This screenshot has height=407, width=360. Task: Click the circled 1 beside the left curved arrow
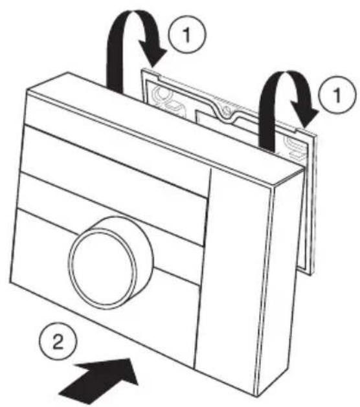coord(187,34)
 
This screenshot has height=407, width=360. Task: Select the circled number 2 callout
coord(58,341)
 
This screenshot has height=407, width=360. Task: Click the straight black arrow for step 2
coord(100,380)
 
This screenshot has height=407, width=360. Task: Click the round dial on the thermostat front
coord(110,262)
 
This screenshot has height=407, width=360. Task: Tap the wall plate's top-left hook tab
coord(150,72)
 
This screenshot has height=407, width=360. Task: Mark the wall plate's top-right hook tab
coord(306,131)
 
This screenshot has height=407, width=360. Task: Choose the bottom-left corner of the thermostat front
coord(10,282)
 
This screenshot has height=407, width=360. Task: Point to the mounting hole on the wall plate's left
coord(162,93)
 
